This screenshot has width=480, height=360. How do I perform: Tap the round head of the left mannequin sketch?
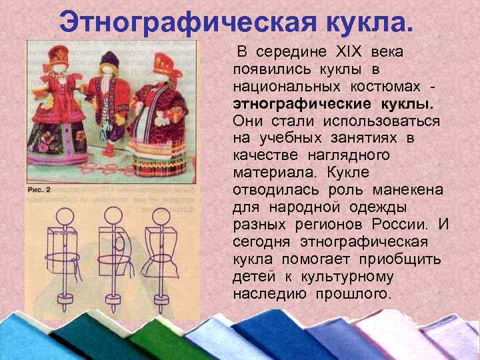tap(65, 217)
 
